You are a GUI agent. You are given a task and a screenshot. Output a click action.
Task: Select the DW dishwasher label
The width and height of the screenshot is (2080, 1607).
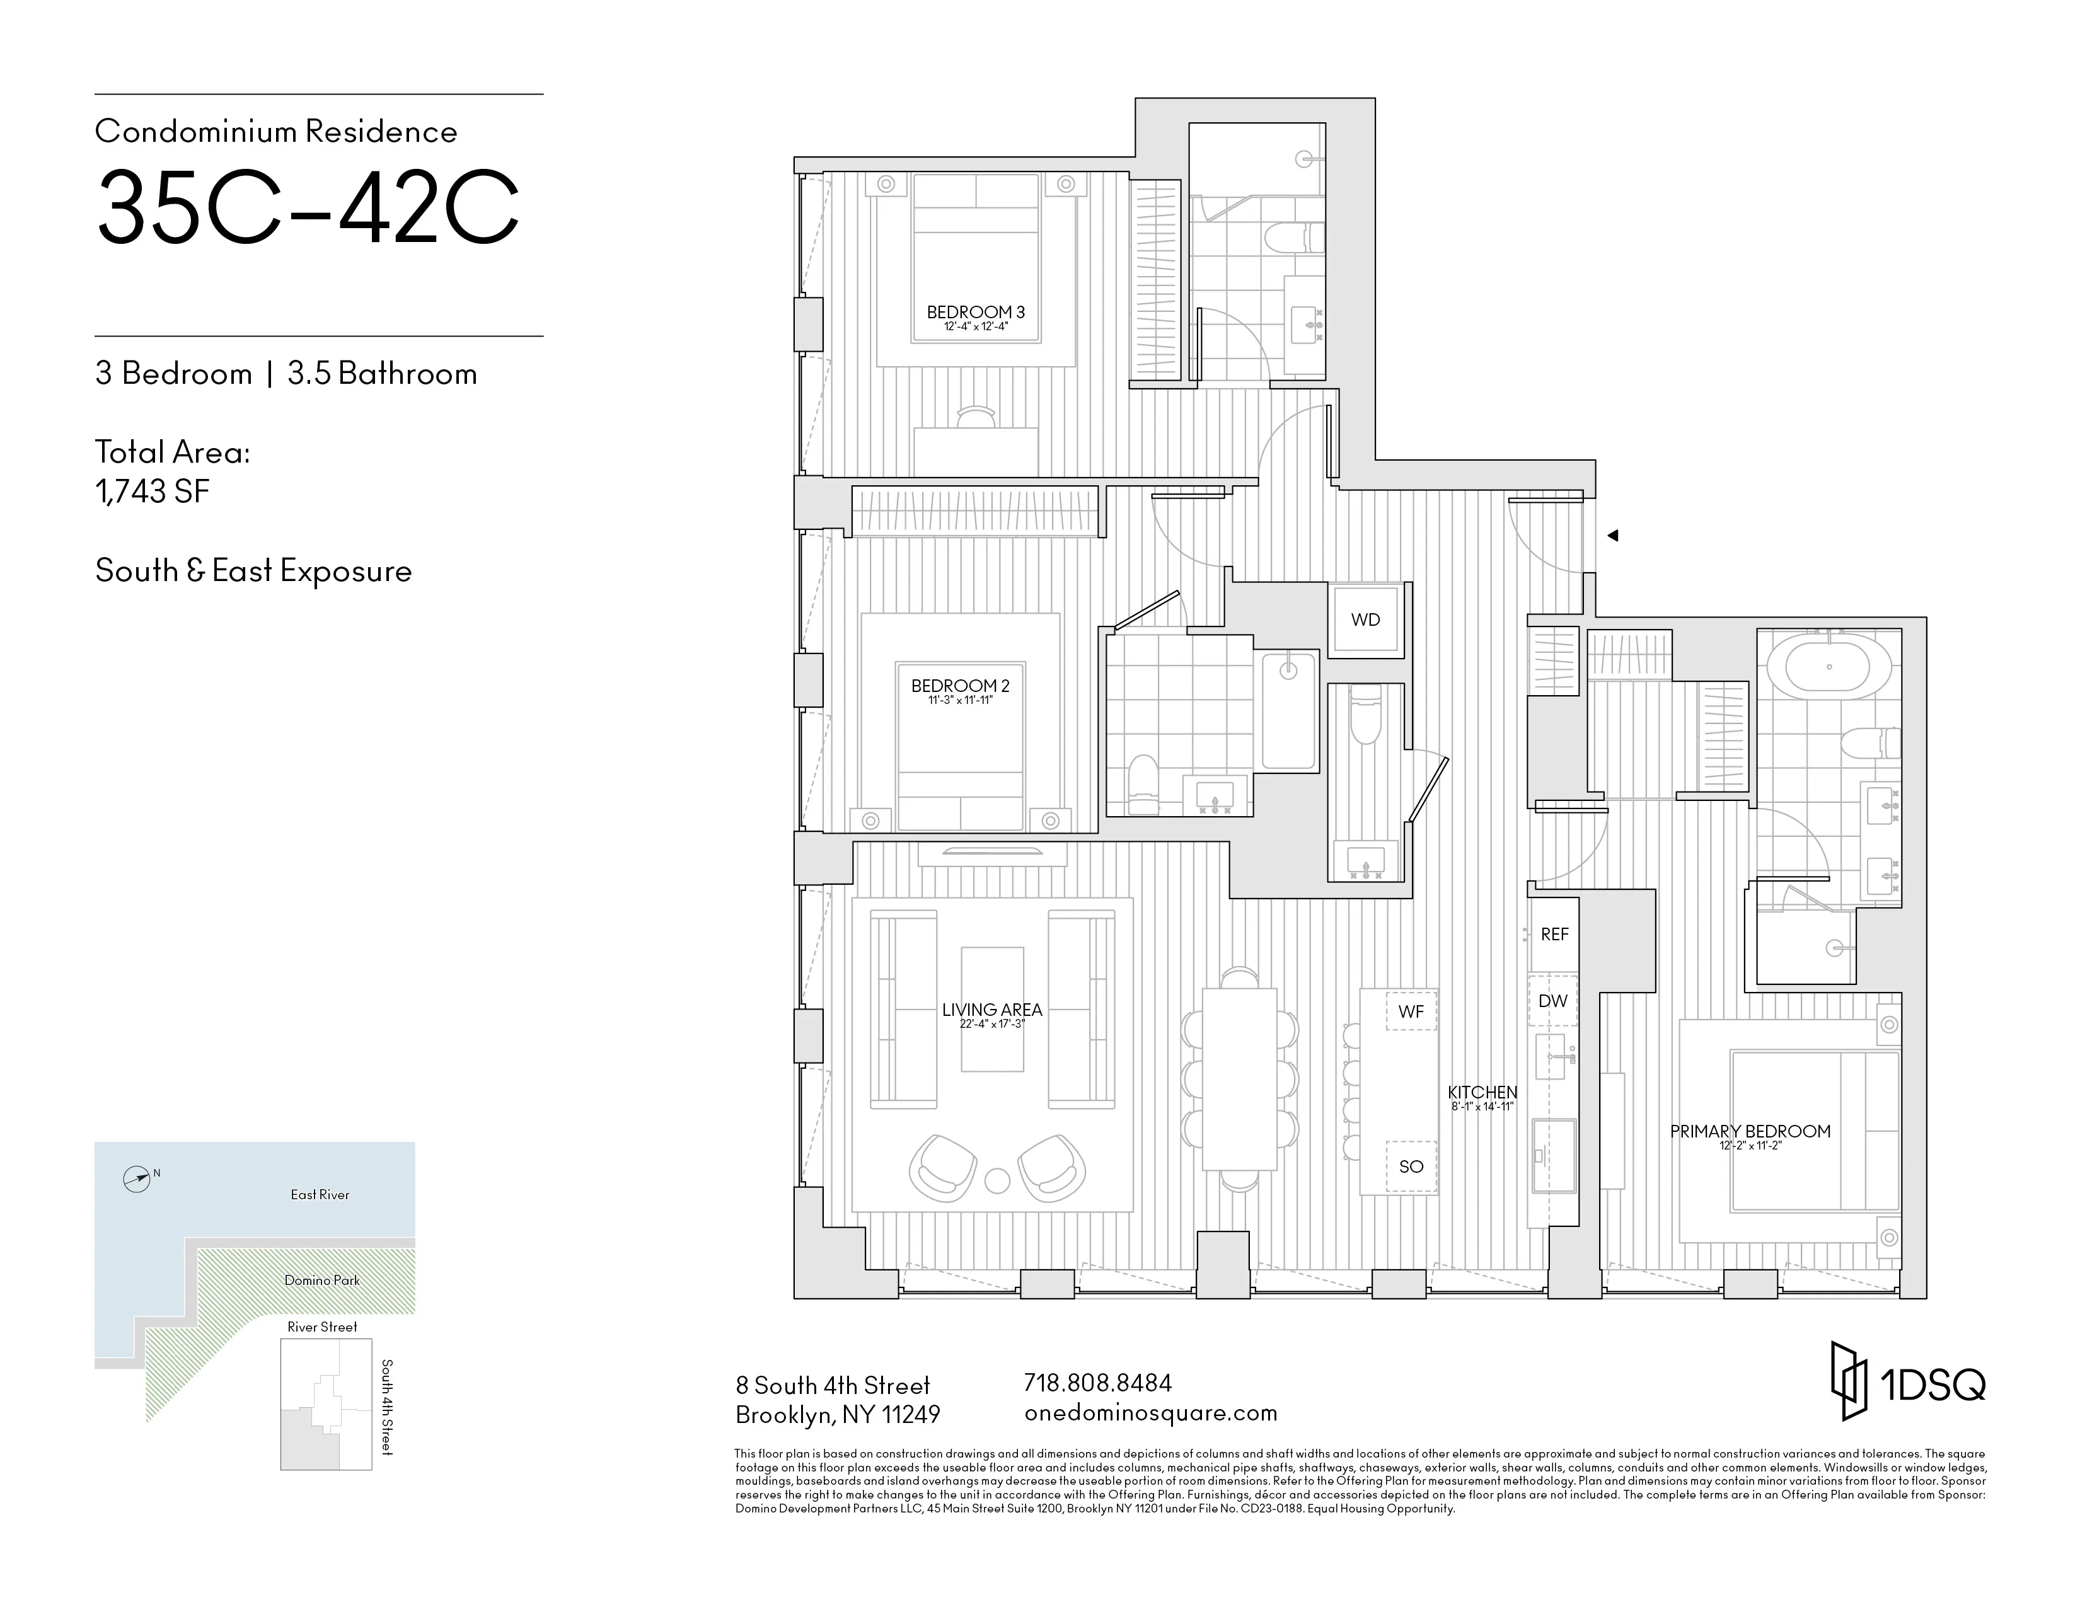(x=1552, y=1001)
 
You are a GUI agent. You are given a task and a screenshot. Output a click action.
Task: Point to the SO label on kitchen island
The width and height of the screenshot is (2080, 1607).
(x=1411, y=1166)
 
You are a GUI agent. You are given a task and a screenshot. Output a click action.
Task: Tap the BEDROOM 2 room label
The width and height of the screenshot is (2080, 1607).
(x=960, y=686)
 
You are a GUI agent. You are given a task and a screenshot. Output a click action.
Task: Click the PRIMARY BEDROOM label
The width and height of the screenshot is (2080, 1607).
(x=1750, y=1132)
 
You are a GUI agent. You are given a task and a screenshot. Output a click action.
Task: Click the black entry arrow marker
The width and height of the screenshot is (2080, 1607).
(x=1614, y=536)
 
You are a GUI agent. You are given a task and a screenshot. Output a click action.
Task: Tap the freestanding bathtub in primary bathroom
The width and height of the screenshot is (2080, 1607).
(x=1829, y=666)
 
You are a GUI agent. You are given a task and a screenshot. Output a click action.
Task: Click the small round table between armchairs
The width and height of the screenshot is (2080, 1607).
(x=996, y=1180)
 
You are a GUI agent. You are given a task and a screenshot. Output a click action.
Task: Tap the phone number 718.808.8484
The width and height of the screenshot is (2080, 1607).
(x=1097, y=1382)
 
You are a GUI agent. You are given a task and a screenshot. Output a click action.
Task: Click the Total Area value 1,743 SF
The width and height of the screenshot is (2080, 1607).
(x=153, y=492)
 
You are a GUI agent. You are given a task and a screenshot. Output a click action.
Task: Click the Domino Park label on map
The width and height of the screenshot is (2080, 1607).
(x=322, y=1281)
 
